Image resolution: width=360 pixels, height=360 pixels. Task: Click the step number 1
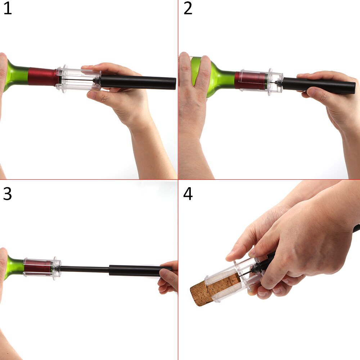tap(8, 9)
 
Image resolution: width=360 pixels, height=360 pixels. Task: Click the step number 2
tap(188, 9)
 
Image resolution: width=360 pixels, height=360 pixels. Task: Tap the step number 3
tap(7, 194)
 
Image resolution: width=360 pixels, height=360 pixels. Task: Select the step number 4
tap(188, 194)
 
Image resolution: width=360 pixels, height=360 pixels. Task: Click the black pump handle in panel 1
tap(138, 82)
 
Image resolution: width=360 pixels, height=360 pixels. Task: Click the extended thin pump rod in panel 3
tap(85, 269)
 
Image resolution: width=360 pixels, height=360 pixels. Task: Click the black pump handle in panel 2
tap(319, 86)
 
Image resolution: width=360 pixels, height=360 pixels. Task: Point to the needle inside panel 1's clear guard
tap(77, 80)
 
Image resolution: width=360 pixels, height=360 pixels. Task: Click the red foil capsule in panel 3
tap(38, 269)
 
